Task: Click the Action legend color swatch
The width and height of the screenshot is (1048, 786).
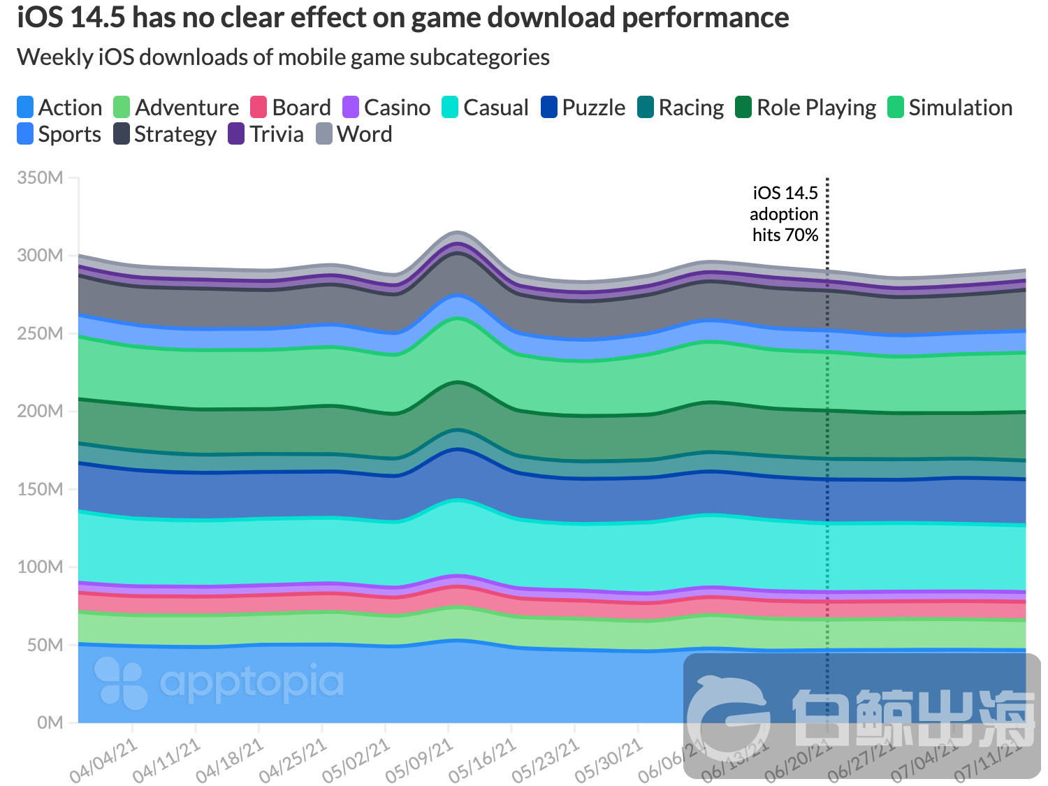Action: [25, 108]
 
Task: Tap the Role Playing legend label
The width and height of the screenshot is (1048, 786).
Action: [815, 108]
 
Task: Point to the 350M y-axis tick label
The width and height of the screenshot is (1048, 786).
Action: [40, 178]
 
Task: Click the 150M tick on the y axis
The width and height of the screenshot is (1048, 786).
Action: [40, 489]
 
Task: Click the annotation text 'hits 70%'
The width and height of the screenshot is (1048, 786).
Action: [785, 235]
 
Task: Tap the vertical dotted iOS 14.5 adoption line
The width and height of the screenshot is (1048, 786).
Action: [827, 419]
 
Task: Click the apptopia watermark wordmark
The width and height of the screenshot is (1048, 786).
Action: [252, 683]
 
